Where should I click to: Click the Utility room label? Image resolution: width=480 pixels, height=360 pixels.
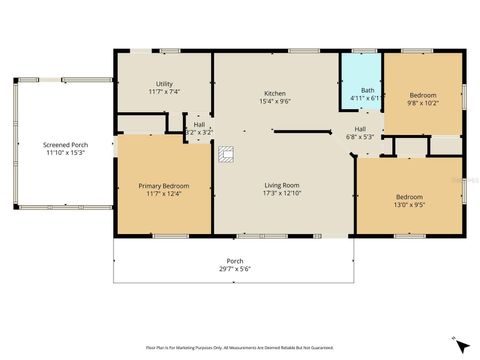(164, 83)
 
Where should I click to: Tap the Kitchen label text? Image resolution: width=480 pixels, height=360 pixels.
(275, 91)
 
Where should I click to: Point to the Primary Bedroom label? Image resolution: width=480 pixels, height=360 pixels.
(163, 186)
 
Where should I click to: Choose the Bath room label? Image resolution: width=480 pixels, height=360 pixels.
(368, 91)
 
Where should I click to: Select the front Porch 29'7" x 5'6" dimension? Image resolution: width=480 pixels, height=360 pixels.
(235, 268)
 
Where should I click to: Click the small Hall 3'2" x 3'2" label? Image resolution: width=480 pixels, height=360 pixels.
(199, 132)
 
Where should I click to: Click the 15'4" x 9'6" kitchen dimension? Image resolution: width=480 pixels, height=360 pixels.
(275, 100)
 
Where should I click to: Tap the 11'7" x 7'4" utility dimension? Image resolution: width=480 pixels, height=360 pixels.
(164, 92)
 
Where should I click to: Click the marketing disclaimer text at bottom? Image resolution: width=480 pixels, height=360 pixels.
(239, 348)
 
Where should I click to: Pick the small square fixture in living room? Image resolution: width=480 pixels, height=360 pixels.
(226, 154)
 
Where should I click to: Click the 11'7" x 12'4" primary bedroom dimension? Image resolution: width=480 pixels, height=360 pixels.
(163, 195)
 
